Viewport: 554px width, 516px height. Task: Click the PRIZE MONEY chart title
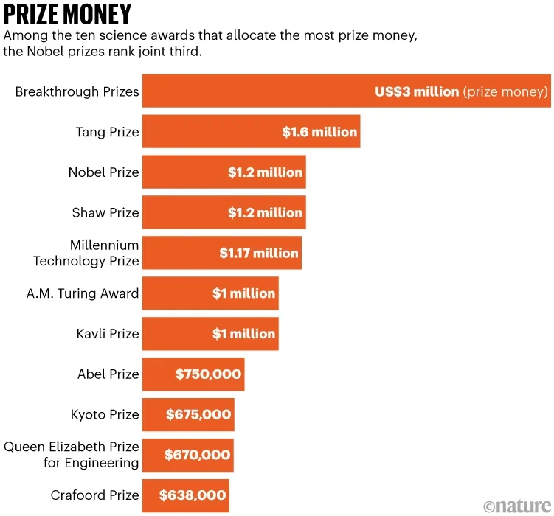click(x=68, y=15)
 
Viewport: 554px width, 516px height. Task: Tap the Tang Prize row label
click(x=107, y=132)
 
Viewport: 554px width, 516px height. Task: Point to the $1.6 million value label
click(x=319, y=132)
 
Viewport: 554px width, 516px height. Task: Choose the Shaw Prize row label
click(x=105, y=213)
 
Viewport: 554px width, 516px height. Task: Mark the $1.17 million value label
click(x=259, y=253)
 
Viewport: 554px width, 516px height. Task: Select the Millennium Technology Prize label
click(x=86, y=253)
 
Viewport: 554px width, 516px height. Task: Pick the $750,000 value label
click(x=209, y=374)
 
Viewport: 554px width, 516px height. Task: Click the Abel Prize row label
click(x=108, y=374)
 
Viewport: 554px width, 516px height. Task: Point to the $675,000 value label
click(x=198, y=414)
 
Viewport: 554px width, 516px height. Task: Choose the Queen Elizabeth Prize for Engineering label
click(x=72, y=455)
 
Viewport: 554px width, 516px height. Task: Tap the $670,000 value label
click(x=198, y=455)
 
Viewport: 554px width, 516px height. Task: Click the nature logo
click(x=517, y=506)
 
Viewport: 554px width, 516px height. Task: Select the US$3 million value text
click(x=417, y=91)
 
